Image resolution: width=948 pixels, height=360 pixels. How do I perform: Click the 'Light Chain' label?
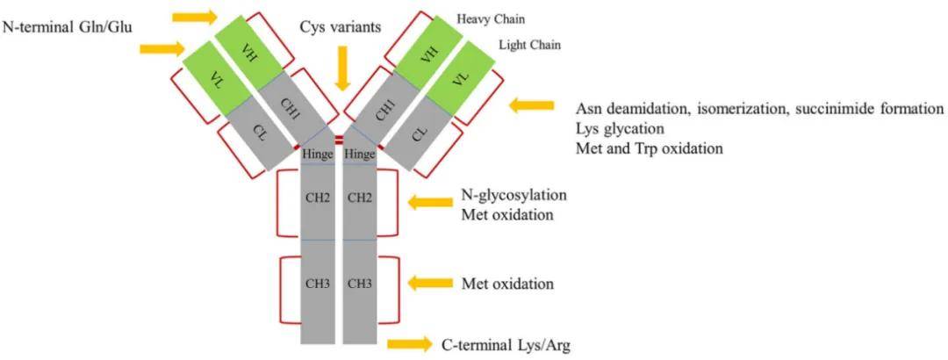(529, 45)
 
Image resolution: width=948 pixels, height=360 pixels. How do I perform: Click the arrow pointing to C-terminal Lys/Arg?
(409, 342)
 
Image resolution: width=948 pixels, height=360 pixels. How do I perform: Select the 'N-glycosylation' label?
(513, 194)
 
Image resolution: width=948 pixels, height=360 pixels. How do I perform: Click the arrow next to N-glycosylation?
(433, 203)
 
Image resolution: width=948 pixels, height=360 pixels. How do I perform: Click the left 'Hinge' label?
(317, 155)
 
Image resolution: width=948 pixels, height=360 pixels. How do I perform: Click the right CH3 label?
(360, 284)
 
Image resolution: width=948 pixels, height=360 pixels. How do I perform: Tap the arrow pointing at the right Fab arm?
(532, 105)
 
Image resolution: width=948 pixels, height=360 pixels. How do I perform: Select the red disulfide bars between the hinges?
(339, 140)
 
